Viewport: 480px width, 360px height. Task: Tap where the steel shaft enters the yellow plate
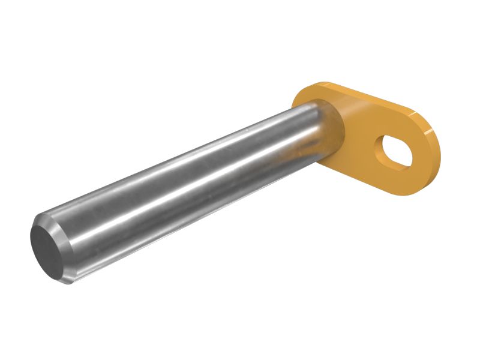[x=334, y=129]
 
